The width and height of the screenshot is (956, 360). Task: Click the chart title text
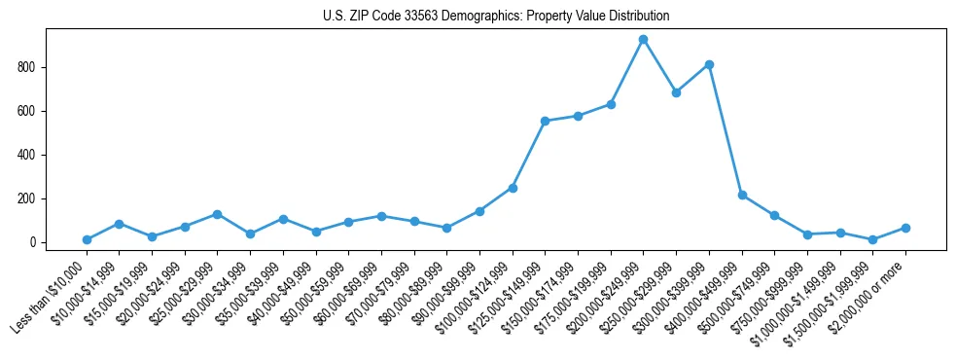tap(496, 17)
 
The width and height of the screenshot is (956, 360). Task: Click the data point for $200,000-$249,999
tap(643, 40)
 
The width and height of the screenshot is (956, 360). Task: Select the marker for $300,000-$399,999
tap(709, 65)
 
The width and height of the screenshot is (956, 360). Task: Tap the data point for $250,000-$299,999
tap(676, 93)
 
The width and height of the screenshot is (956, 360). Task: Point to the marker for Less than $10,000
tap(87, 239)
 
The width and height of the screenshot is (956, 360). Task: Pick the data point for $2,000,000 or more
tap(905, 228)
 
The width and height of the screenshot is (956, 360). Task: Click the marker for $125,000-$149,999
tap(545, 121)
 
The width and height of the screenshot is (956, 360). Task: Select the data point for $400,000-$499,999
tap(742, 196)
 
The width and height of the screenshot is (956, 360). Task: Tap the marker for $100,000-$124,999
tap(513, 188)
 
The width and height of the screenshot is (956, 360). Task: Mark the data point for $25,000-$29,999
tap(218, 214)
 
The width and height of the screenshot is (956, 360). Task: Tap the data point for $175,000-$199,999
tap(611, 104)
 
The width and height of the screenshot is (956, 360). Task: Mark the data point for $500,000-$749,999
tap(774, 215)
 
